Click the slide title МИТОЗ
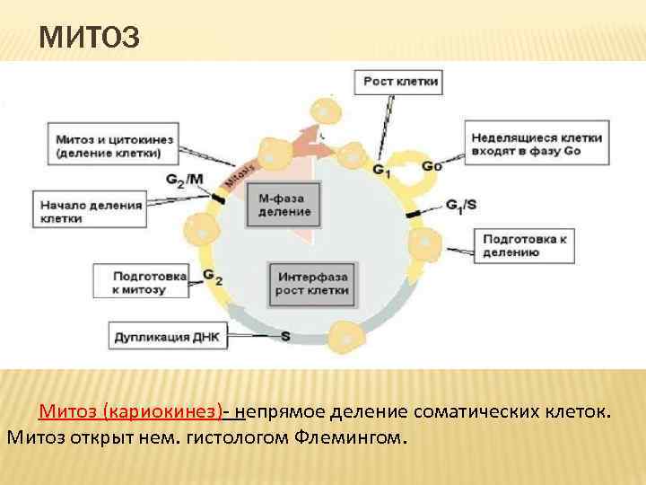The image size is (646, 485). coord(90,39)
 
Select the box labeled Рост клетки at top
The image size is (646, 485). coord(401,83)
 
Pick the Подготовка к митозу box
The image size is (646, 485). coord(140,282)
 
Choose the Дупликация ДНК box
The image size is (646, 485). coord(165,338)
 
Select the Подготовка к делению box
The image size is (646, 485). coord(524,246)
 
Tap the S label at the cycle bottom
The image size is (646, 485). coord(285,337)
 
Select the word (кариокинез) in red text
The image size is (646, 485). coord(164,412)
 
